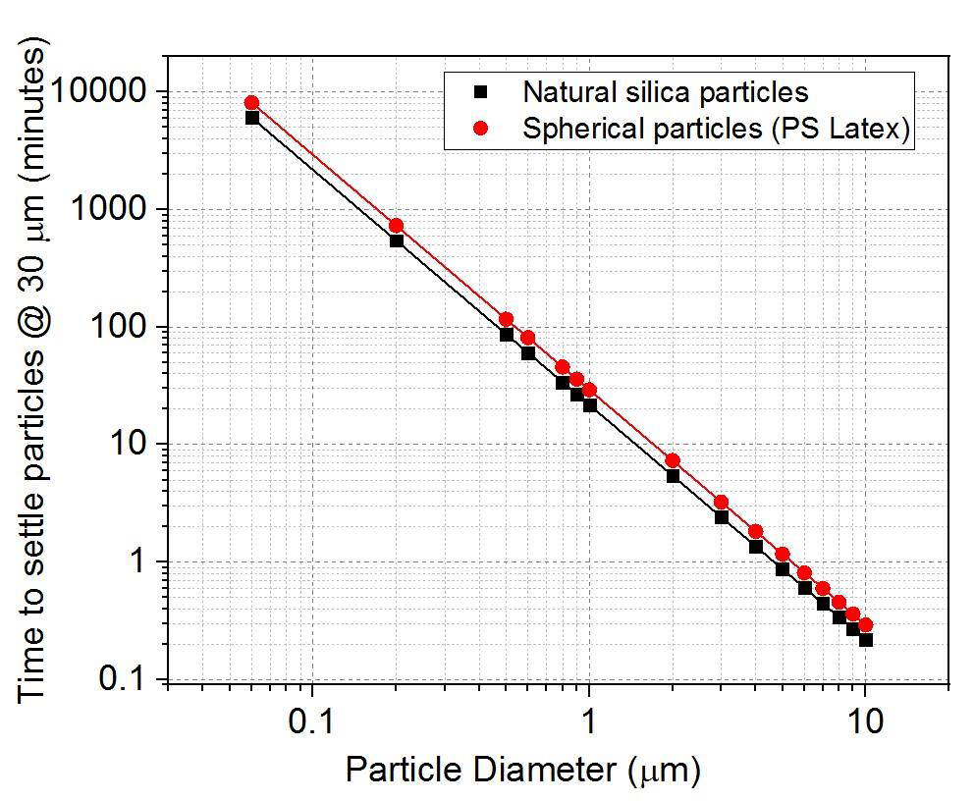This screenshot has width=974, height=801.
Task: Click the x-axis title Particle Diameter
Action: [522, 769]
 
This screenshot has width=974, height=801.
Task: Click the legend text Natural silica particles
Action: [666, 92]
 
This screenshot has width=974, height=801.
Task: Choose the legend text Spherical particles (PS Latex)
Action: [716, 129]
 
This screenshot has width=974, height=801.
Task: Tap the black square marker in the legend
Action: [481, 92]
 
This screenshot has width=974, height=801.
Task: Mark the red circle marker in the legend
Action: [481, 129]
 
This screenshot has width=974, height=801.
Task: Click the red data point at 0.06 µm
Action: [251, 102]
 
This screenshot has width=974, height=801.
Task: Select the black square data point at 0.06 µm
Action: [251, 118]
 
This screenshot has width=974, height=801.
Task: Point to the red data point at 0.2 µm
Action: [397, 226]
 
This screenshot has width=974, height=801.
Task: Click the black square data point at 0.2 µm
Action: [397, 240]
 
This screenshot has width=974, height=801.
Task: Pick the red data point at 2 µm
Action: [673, 460]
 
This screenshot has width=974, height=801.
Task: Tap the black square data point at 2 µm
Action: [673, 476]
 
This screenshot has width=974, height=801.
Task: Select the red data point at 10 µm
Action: [865, 625]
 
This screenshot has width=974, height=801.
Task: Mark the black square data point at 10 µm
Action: [865, 640]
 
